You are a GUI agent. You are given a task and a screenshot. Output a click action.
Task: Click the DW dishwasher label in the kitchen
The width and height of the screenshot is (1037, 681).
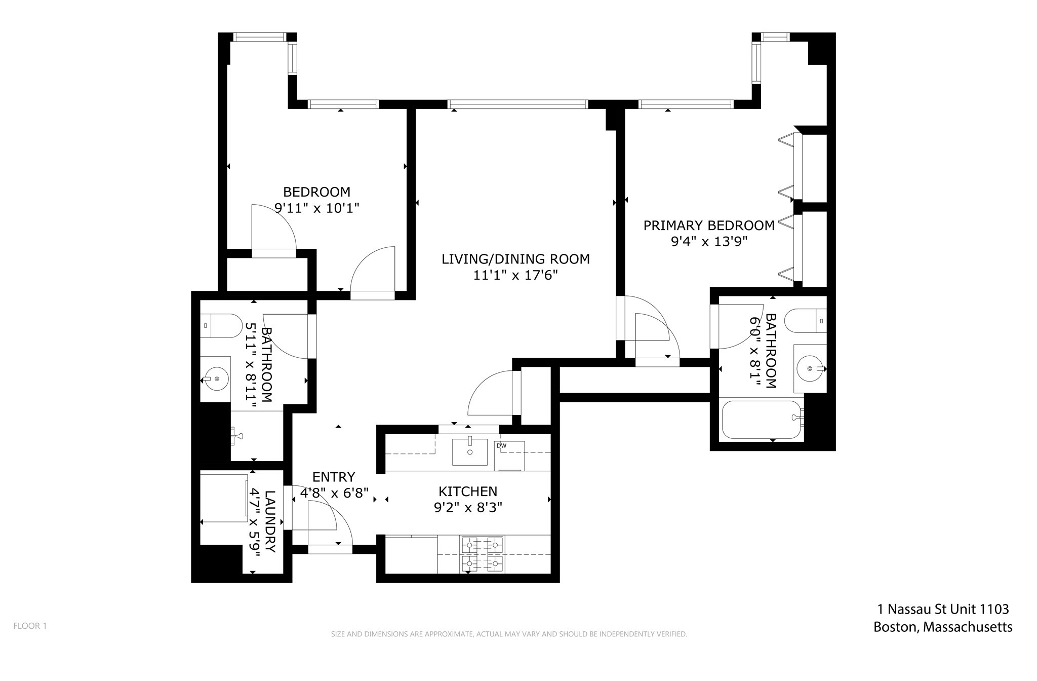click(501, 446)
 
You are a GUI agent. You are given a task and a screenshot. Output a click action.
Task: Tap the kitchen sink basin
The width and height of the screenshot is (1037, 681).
click(469, 452)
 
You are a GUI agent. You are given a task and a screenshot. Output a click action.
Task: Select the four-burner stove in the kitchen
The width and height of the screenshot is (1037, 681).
click(482, 555)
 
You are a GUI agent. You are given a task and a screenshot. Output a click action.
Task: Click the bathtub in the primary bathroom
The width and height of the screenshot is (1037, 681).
click(761, 420)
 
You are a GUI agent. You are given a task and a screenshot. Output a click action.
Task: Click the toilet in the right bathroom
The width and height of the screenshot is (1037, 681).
click(805, 321)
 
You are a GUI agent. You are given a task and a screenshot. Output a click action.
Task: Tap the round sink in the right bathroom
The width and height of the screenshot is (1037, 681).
click(810, 368)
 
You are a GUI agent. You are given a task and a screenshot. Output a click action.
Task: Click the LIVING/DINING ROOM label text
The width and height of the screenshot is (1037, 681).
click(515, 259)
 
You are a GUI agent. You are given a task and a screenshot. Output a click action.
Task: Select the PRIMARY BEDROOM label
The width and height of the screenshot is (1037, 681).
click(708, 225)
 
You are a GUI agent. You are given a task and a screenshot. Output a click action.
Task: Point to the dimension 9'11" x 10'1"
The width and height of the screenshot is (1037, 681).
click(316, 208)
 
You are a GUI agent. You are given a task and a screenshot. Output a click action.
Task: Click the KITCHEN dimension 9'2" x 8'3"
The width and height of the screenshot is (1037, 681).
click(467, 507)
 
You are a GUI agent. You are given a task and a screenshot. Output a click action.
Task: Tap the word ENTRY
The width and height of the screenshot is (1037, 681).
click(334, 477)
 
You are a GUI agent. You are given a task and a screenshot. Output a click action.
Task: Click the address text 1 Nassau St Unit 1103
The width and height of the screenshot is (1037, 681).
click(942, 609)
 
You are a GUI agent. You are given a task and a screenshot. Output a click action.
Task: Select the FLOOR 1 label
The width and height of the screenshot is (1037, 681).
click(30, 626)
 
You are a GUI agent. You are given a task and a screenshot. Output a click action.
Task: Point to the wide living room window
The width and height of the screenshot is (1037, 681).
click(517, 104)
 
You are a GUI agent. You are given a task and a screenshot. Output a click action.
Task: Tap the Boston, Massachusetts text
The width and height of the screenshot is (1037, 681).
click(942, 627)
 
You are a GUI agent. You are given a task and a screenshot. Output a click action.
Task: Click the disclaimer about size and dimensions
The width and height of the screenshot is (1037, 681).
click(509, 634)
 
